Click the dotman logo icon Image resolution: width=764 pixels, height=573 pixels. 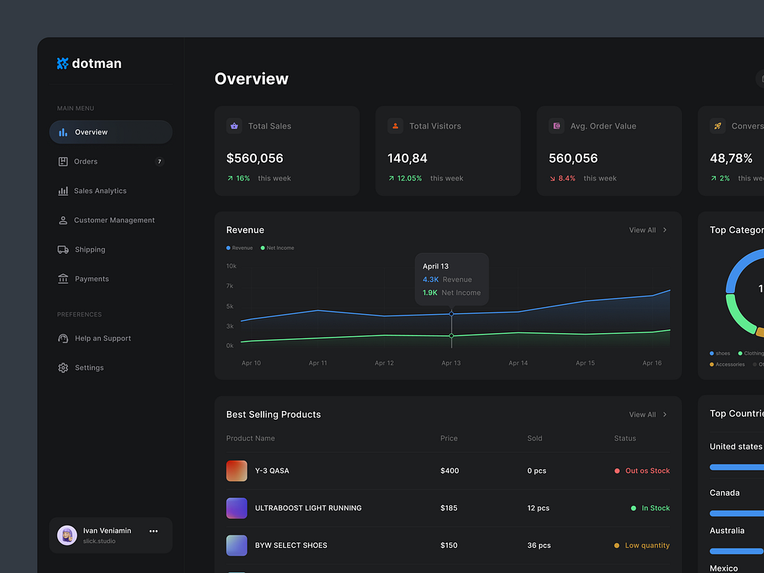[x=63, y=63]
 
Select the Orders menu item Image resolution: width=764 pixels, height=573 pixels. [x=86, y=162]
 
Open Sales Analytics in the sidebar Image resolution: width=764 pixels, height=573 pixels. [x=100, y=191]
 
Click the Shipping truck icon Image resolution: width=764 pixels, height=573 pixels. [x=63, y=250]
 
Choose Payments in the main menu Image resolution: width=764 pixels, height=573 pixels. [x=92, y=280]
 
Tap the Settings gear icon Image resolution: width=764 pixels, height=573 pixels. [x=63, y=368]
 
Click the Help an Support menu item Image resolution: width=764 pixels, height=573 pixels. [x=102, y=338]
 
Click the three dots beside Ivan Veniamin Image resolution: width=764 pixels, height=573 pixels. [x=154, y=531]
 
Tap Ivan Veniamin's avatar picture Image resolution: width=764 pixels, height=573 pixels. [x=66, y=536]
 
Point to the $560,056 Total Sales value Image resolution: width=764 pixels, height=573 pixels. [x=254, y=159]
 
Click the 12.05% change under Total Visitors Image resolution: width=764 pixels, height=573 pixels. [x=409, y=179]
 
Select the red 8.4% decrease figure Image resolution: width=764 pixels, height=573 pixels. [x=566, y=179]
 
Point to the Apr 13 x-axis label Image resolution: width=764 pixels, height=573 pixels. [x=451, y=364]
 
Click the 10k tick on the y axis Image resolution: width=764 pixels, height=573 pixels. [x=231, y=266]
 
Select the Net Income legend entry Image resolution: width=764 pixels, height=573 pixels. [x=280, y=248]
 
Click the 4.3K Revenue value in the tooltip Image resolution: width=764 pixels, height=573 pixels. [x=431, y=280]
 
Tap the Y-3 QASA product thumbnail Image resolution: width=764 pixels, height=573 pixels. [x=237, y=471]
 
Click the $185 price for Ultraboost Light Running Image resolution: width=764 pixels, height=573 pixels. [x=448, y=508]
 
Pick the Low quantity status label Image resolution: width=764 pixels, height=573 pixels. [x=646, y=545]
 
